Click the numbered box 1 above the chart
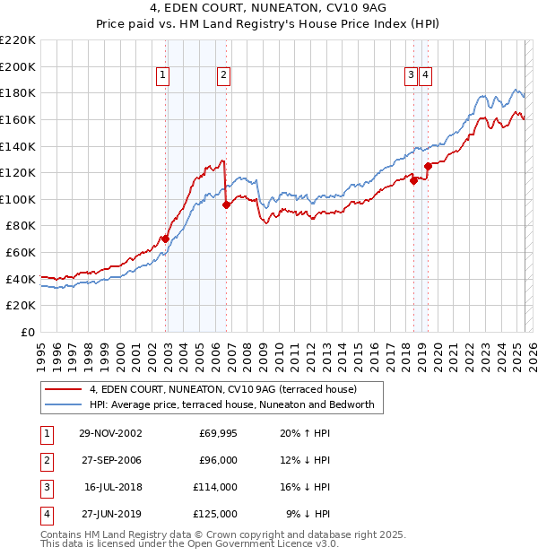click(x=163, y=76)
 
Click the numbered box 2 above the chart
click(x=222, y=76)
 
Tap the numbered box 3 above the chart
click(x=411, y=76)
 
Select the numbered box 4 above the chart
click(x=425, y=76)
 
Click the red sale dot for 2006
click(x=226, y=204)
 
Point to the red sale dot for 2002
click(x=166, y=239)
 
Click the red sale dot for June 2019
click(x=429, y=166)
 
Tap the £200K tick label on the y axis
click(x=19, y=66)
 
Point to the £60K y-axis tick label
click(x=22, y=252)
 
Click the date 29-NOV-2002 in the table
click(x=111, y=433)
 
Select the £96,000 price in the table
click(x=218, y=460)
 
